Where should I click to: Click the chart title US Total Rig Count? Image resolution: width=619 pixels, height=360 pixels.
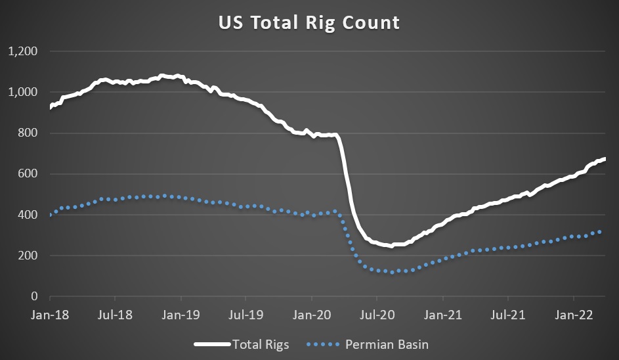(x=309, y=23)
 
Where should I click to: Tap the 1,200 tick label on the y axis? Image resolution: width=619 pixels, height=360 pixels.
(x=22, y=51)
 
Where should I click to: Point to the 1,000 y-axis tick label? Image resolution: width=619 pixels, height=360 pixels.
(x=22, y=92)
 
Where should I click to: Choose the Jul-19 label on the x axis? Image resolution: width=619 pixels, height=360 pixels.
(x=245, y=314)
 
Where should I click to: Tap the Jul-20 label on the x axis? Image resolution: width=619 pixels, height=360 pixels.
(x=377, y=314)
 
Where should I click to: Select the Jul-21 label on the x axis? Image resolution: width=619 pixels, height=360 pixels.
(x=508, y=314)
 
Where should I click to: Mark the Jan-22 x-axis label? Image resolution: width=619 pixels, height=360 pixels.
(x=574, y=314)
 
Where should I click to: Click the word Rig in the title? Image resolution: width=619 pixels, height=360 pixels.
(x=322, y=23)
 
